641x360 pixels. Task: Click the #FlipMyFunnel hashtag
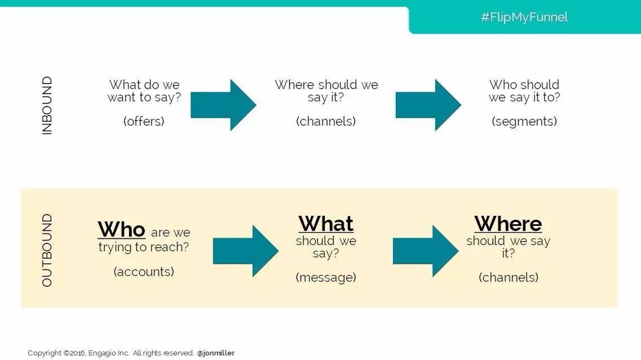pyautogui.click(x=524, y=17)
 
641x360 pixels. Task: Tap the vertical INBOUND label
pyautogui.click(x=47, y=105)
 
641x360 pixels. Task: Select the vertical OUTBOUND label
pyautogui.click(x=47, y=250)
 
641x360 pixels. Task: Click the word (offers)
pyautogui.click(x=144, y=121)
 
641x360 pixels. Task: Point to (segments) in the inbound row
pyautogui.click(x=524, y=121)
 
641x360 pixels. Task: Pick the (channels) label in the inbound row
pyautogui.click(x=326, y=121)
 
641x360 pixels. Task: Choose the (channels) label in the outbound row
pyautogui.click(x=509, y=277)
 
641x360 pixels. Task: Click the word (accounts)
pyautogui.click(x=144, y=272)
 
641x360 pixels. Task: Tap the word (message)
pyautogui.click(x=326, y=277)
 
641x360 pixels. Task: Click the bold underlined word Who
pyautogui.click(x=121, y=229)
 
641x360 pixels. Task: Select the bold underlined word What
pyautogui.click(x=326, y=224)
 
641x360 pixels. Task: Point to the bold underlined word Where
pyautogui.click(x=508, y=224)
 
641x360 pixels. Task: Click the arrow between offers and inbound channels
pyautogui.click(x=223, y=105)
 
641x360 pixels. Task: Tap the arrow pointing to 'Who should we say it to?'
pyautogui.click(x=428, y=105)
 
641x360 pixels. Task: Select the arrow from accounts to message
pyautogui.click(x=246, y=251)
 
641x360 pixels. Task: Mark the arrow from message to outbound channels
pyautogui.click(x=426, y=251)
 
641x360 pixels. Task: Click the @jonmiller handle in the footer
pyautogui.click(x=216, y=353)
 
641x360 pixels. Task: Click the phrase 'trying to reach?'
pyautogui.click(x=144, y=247)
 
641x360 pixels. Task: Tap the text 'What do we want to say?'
pyautogui.click(x=144, y=91)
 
